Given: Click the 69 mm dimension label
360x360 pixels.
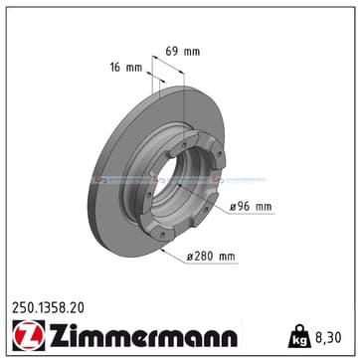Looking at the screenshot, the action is pyautogui.click(x=183, y=52).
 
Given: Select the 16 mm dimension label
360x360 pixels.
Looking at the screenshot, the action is pyautogui.click(x=126, y=68).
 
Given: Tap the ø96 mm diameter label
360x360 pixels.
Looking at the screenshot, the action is pyautogui.click(x=251, y=207).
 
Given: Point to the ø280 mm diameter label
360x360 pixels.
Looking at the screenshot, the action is pyautogui.click(x=211, y=257).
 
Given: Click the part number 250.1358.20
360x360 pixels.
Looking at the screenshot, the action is pyautogui.click(x=48, y=308).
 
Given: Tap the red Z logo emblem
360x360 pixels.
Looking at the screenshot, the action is pyautogui.click(x=29, y=335).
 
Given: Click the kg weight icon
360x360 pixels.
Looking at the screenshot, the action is pyautogui.click(x=299, y=336).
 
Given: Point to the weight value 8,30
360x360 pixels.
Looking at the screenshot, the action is pyautogui.click(x=327, y=338).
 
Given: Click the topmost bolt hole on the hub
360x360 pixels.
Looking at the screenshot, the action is pyautogui.click(x=184, y=145).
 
